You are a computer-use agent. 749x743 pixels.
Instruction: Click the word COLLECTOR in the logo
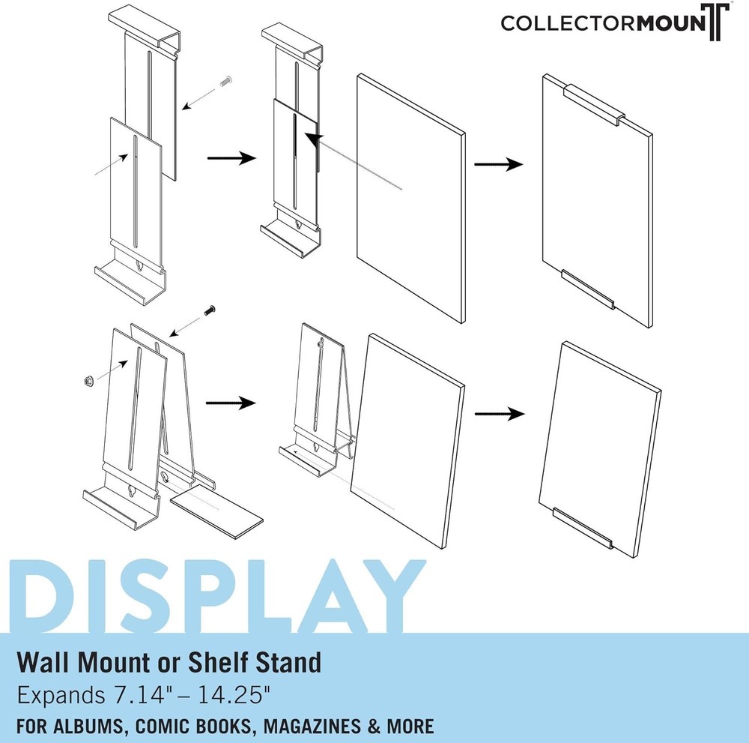(x=568, y=22)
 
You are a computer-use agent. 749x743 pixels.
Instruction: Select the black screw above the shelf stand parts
(x=210, y=307)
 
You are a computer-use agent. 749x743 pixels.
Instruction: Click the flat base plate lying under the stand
(x=217, y=513)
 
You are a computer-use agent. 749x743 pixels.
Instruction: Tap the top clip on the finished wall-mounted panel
(x=592, y=105)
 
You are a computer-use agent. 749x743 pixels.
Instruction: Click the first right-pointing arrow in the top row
(x=231, y=158)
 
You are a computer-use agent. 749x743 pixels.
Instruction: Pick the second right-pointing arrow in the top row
(x=497, y=163)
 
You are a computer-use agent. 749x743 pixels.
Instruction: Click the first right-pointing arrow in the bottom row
(x=231, y=402)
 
